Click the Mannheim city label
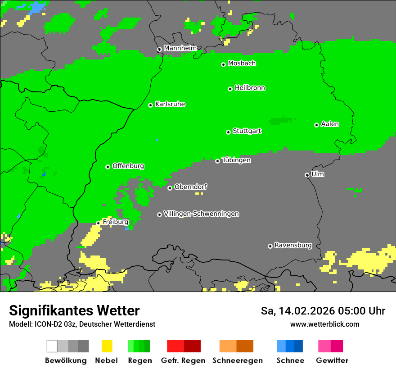click(x=180, y=48)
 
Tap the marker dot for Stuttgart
click(x=228, y=132)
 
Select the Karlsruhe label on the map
click(x=170, y=104)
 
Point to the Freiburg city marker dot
click(x=98, y=223)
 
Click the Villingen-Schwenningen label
click(x=201, y=214)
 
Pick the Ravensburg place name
click(x=293, y=245)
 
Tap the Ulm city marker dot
click(x=307, y=175)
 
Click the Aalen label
click(x=330, y=124)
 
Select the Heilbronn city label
click(x=250, y=88)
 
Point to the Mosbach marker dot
click(x=223, y=64)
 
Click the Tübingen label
click(x=236, y=160)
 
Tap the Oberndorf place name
click(x=191, y=187)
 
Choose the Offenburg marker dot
click(x=108, y=167)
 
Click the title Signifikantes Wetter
click(x=74, y=310)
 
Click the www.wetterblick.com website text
click(x=324, y=324)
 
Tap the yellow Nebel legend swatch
click(x=107, y=346)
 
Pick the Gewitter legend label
click(x=332, y=360)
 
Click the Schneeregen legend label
click(x=238, y=360)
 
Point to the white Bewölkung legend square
click(x=52, y=346)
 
